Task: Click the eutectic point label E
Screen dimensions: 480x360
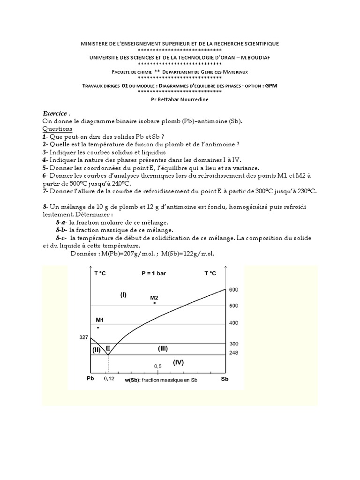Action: [x=108, y=348]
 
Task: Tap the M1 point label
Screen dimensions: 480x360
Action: [x=99, y=320]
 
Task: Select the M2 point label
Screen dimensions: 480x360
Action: [x=154, y=297]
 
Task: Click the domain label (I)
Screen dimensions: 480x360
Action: [x=123, y=295]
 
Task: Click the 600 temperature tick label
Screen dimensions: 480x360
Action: [x=233, y=290]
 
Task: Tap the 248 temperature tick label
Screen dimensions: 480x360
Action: [x=233, y=353]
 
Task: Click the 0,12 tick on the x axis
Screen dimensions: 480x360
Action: [x=109, y=379]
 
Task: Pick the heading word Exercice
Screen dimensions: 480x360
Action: [x=56, y=113]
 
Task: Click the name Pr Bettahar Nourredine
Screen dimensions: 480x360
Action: [x=180, y=99]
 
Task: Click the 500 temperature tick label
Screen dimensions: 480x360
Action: [x=233, y=306]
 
